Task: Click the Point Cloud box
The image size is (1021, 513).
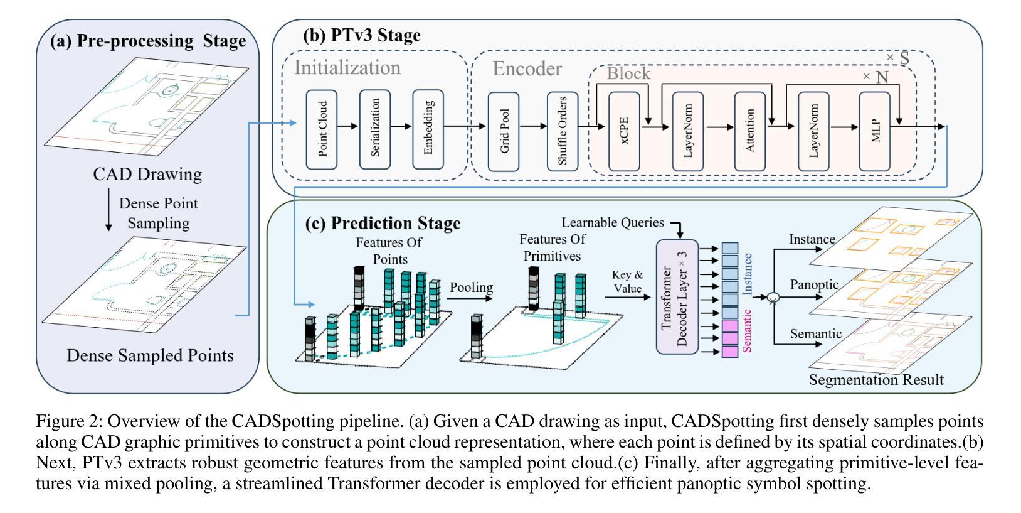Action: pyautogui.click(x=322, y=129)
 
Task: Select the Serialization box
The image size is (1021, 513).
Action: pyautogui.click(x=375, y=129)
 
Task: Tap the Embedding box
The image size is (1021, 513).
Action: pyautogui.click(x=428, y=129)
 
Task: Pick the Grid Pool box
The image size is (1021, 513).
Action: pyautogui.click(x=504, y=131)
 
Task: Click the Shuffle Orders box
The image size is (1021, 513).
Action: pyautogui.click(x=563, y=131)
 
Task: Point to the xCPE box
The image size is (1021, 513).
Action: pyautogui.click(x=624, y=131)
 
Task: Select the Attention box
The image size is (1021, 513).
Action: pyautogui.click(x=750, y=131)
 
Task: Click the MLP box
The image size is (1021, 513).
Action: pyautogui.click(x=876, y=131)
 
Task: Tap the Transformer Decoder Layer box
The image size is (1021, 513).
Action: pyautogui.click(x=677, y=296)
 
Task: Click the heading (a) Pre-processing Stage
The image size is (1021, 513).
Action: pyautogui.click(x=148, y=41)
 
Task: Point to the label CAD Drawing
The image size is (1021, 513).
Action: pyautogui.click(x=147, y=174)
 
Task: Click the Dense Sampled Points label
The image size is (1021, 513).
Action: pyautogui.click(x=150, y=356)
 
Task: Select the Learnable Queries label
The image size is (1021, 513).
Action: pyautogui.click(x=612, y=222)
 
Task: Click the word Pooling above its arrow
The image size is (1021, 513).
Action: pyautogui.click(x=471, y=288)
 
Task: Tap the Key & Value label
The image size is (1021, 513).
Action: pyautogui.click(x=628, y=281)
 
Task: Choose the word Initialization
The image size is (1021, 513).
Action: pyautogui.click(x=347, y=68)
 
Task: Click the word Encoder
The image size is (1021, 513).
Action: pyautogui.click(x=527, y=68)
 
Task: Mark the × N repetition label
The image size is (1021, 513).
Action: pyautogui.click(x=876, y=77)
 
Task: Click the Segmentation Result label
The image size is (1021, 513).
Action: pyautogui.click(x=876, y=380)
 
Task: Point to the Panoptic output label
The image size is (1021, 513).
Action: pyautogui.click(x=814, y=285)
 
